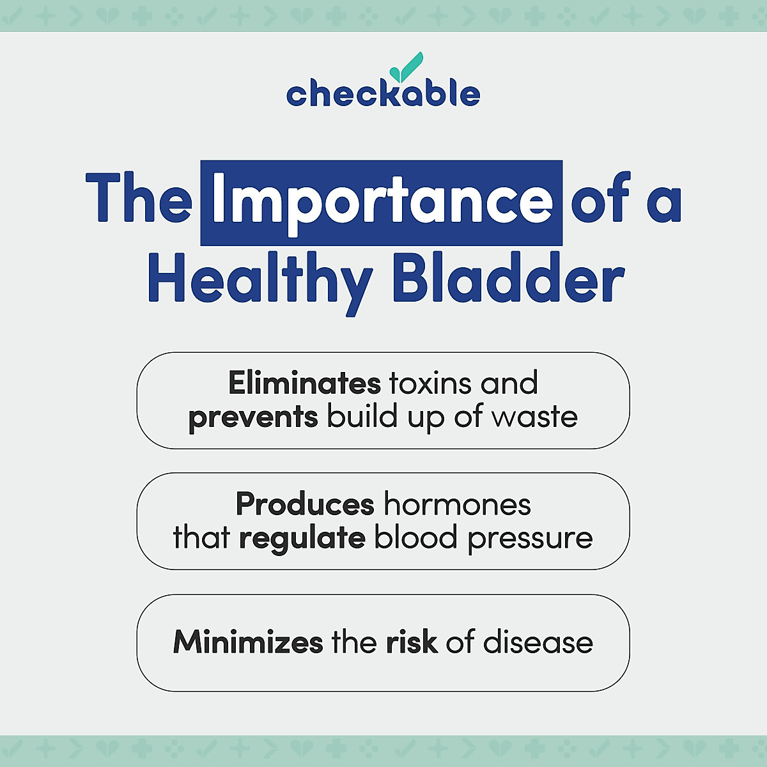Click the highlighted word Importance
pos(382,203)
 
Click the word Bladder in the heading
pos(507,279)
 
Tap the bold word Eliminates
pos(304,383)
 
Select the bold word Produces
pos(304,504)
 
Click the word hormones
pos(457,504)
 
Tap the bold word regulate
pos(302,538)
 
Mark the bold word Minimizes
pos(248,642)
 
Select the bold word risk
pos(412,642)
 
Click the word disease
pos(538,642)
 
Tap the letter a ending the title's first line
pos(664,203)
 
